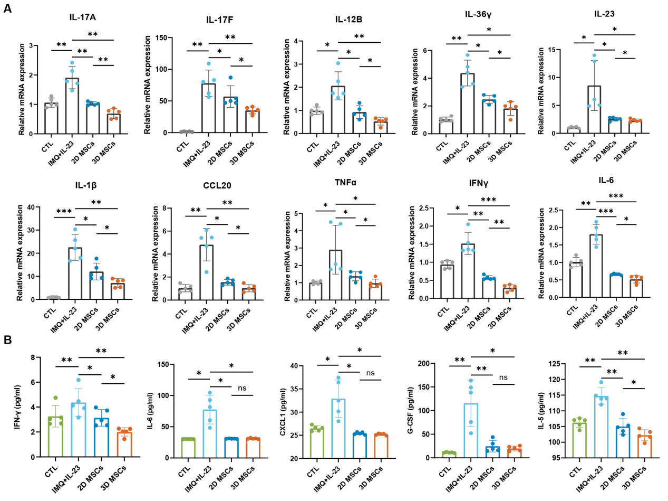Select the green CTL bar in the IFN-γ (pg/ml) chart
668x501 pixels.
point(54,437)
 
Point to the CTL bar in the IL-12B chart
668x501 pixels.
point(317,122)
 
